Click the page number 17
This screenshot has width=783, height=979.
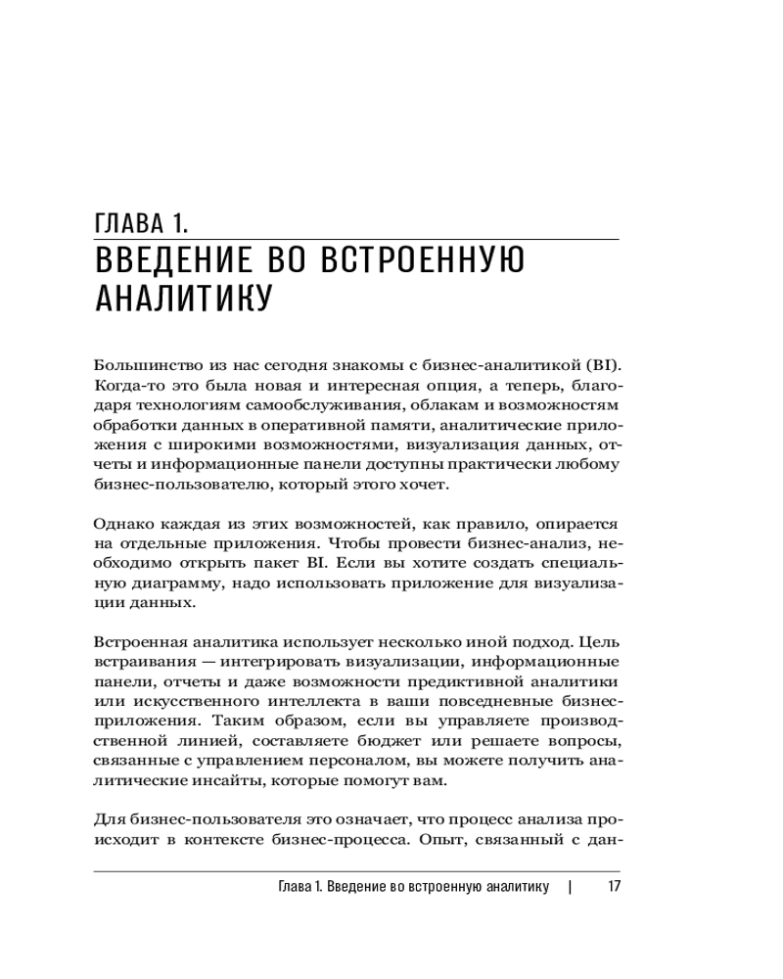point(615,887)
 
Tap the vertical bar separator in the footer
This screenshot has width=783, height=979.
point(570,887)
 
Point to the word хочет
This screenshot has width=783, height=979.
point(428,485)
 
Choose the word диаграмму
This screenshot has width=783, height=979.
point(175,584)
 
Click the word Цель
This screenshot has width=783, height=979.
point(600,643)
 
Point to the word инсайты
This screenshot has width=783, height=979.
point(215,782)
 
